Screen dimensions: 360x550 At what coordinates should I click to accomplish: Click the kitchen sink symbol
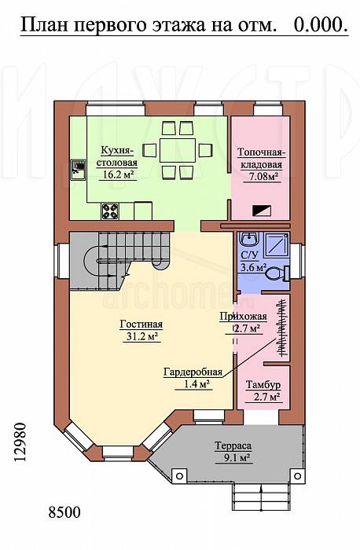pos(78,170)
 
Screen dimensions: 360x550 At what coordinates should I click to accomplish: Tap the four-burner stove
pos(110,211)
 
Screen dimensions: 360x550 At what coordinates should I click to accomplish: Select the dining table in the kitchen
pos(178,150)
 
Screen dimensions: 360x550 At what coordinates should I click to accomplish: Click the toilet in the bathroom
pos(278,273)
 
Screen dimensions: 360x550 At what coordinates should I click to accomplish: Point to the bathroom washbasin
pos(248,240)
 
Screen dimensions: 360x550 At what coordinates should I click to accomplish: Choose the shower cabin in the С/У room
pos(277,244)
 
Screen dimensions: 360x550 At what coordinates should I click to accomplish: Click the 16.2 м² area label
pos(117,174)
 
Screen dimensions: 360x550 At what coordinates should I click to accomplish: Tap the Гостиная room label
pos(141,324)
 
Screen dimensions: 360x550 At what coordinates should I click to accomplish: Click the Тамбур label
pos(263,384)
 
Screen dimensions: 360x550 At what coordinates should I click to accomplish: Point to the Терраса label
pos(233,445)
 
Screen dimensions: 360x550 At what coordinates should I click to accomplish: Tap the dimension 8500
pos(64,512)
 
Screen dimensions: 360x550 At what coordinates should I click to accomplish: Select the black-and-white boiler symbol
pos(262,210)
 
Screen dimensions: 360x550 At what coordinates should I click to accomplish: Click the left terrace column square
pos(179,476)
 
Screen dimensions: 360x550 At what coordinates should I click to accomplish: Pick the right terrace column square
pos(298,476)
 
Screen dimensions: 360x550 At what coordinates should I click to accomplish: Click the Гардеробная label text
pos(193,372)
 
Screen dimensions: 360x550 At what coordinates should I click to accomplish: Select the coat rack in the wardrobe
pos(282,328)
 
